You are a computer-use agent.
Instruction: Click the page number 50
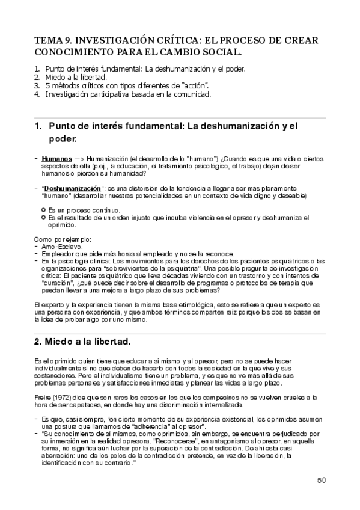click(321, 480)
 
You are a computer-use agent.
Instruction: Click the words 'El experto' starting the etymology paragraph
click(49, 306)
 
